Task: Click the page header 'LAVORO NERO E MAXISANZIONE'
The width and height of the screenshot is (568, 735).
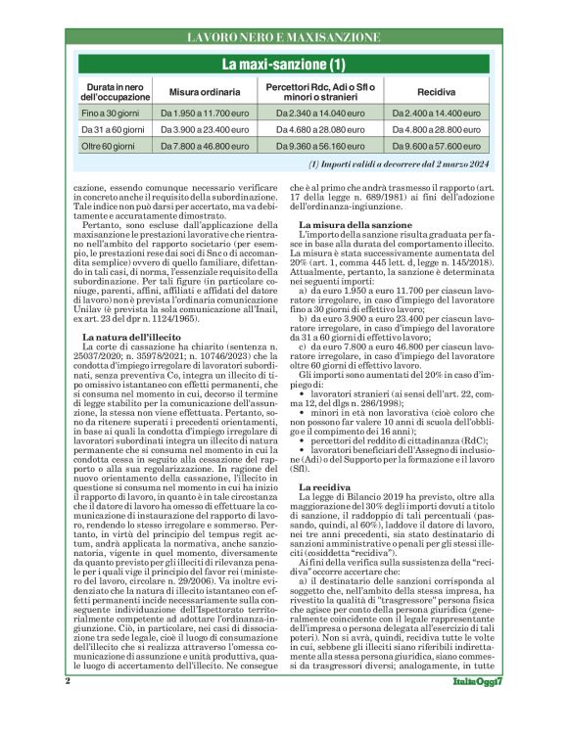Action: tap(283, 37)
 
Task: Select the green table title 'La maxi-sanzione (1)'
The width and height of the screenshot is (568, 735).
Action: tap(283, 65)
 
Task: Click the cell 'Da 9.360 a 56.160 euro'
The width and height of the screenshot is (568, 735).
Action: tap(321, 145)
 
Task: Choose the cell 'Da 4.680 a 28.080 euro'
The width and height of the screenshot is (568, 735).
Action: tap(321, 129)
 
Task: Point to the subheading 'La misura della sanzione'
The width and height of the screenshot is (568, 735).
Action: tap(350, 226)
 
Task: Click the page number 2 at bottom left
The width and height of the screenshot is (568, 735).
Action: tap(68, 709)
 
